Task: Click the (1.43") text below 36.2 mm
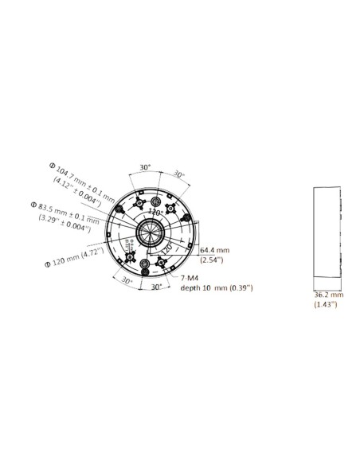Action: pyautogui.click(x=325, y=304)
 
